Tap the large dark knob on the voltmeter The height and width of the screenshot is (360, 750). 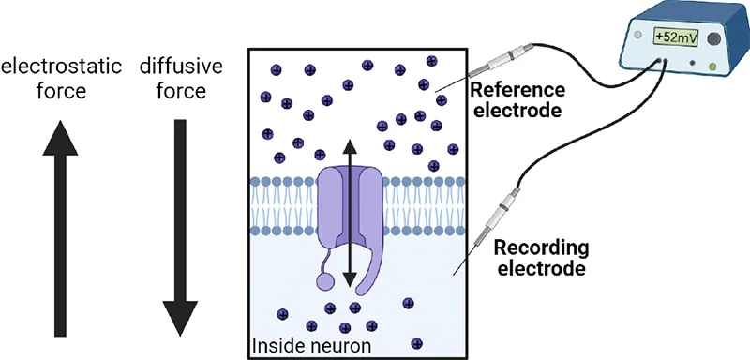[x=715, y=38]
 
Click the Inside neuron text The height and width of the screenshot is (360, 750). [x=305, y=348]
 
